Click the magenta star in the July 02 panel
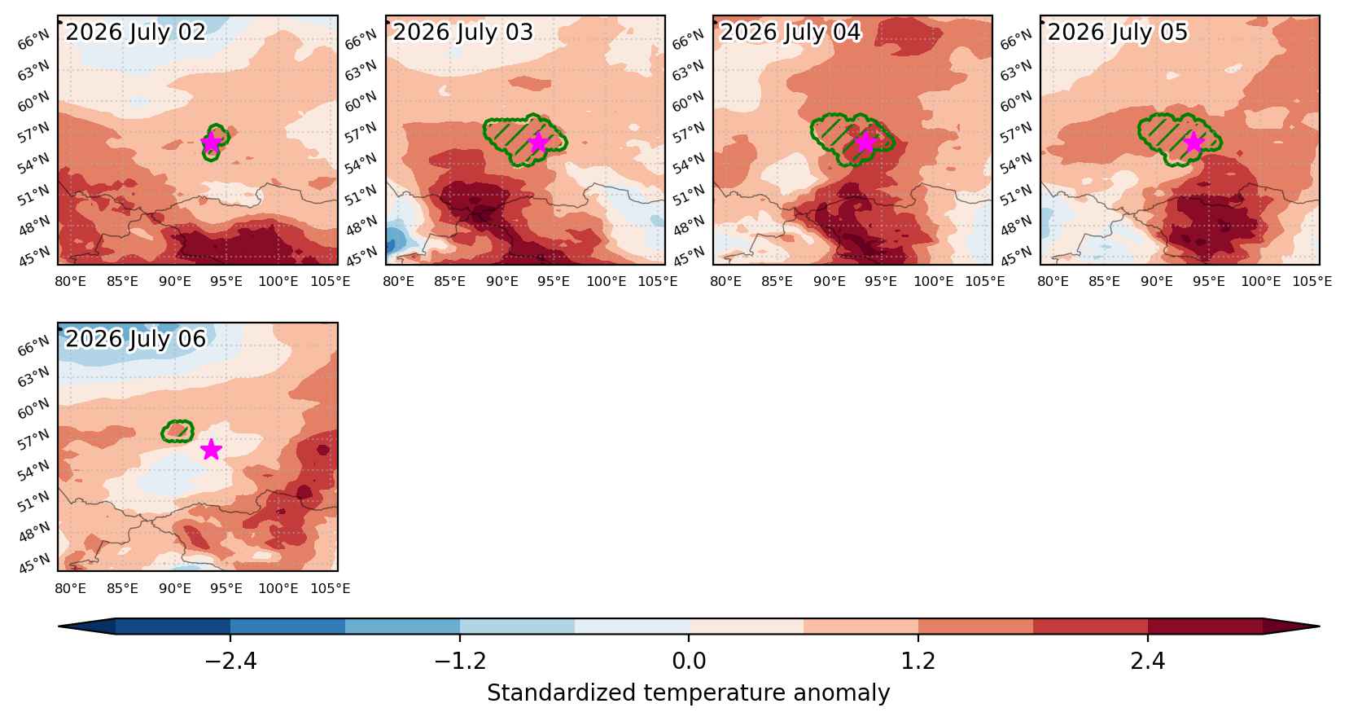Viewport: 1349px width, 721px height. (211, 143)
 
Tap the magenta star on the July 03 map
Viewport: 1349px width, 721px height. (538, 143)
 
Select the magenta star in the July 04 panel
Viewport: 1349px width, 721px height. (865, 143)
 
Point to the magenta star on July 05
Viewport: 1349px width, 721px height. (1194, 143)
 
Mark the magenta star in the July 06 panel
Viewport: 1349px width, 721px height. (211, 449)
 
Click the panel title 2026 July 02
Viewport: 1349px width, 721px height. (135, 32)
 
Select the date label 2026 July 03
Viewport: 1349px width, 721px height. (463, 32)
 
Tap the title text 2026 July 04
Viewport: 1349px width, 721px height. (791, 32)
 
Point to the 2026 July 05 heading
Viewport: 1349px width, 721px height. (1118, 32)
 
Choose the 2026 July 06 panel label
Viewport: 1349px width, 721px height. (135, 339)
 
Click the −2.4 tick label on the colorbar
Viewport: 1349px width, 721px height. (230, 662)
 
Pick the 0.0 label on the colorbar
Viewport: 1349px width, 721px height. (689, 662)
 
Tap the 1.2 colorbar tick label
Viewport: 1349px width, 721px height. (918, 662)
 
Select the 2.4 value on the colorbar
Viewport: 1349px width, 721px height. (1148, 662)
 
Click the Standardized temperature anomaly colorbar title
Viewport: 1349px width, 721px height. (689, 693)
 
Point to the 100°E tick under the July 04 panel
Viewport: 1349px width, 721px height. (934, 282)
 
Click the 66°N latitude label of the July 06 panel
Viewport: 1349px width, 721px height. (33, 346)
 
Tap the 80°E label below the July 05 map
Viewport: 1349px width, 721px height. (1053, 282)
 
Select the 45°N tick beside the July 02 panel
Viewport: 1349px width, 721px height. (35, 256)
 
